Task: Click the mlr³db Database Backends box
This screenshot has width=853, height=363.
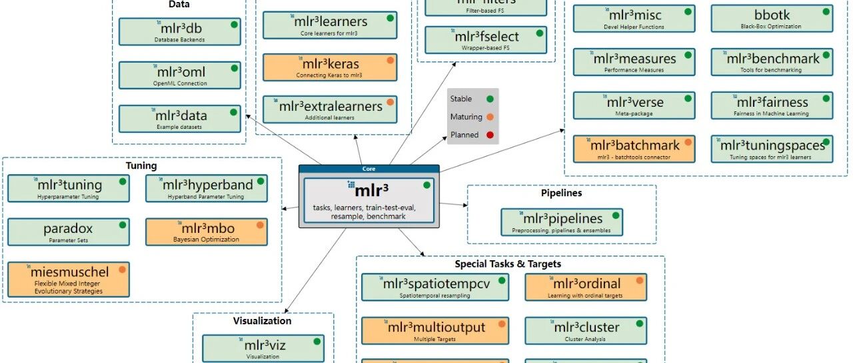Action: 179,31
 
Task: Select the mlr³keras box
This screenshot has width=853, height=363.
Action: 330,67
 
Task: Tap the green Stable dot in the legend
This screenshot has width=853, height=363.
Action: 490,99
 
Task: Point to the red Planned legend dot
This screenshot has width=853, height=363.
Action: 490,135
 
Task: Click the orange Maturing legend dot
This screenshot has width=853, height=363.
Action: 490,117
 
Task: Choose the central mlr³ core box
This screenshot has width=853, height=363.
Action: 369,200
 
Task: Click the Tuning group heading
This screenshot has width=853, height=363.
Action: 141,165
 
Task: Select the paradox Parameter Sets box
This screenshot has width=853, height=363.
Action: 68,232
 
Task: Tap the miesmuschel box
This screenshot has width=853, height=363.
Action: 68,279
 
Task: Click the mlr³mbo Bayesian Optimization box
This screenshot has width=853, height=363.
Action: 206,232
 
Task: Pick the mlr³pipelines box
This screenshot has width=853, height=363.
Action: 562,222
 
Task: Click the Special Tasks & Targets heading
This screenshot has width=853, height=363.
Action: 508,264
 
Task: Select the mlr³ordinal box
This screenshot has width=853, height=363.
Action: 586,287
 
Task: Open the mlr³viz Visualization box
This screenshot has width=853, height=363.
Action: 263,348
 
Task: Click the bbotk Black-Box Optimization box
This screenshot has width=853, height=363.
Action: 771,18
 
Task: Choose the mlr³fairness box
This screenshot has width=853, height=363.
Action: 771,105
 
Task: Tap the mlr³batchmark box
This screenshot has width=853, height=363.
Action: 634,149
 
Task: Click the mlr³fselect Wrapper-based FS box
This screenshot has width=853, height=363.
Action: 486,40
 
